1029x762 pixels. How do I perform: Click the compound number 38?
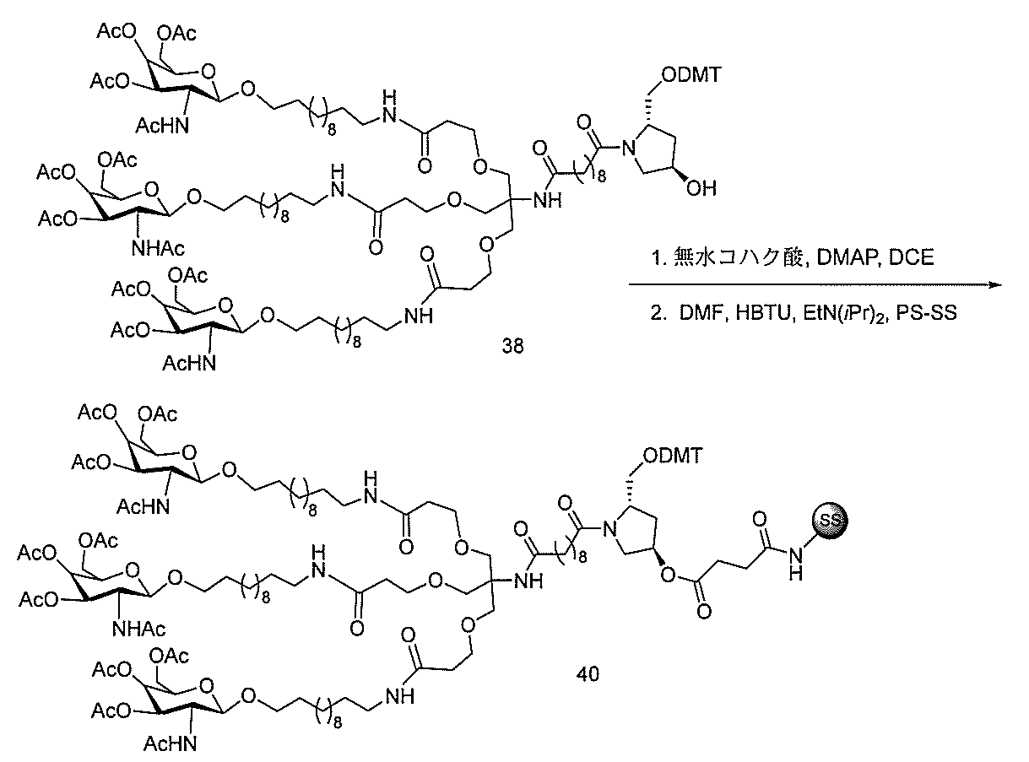tap(512, 345)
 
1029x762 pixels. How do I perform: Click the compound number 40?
tap(588, 673)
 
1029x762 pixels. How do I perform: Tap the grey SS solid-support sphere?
tap(830, 520)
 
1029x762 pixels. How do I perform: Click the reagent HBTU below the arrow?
tap(762, 312)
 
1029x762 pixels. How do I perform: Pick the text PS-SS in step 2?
tap(926, 312)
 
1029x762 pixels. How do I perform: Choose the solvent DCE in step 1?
tap(911, 257)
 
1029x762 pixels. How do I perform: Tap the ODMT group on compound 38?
tap(691, 74)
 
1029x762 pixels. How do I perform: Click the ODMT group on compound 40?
tap(673, 456)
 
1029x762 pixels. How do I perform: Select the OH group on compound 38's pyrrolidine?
tap(701, 188)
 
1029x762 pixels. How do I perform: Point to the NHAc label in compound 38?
tap(158, 248)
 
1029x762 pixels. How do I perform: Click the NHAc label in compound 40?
tap(138, 629)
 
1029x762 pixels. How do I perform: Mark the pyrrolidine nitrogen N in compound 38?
tap(629, 148)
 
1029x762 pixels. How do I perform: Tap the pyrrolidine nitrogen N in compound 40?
tap(609, 529)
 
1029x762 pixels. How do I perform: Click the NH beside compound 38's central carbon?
tap(548, 200)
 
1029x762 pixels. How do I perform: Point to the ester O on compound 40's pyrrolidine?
tap(668, 576)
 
